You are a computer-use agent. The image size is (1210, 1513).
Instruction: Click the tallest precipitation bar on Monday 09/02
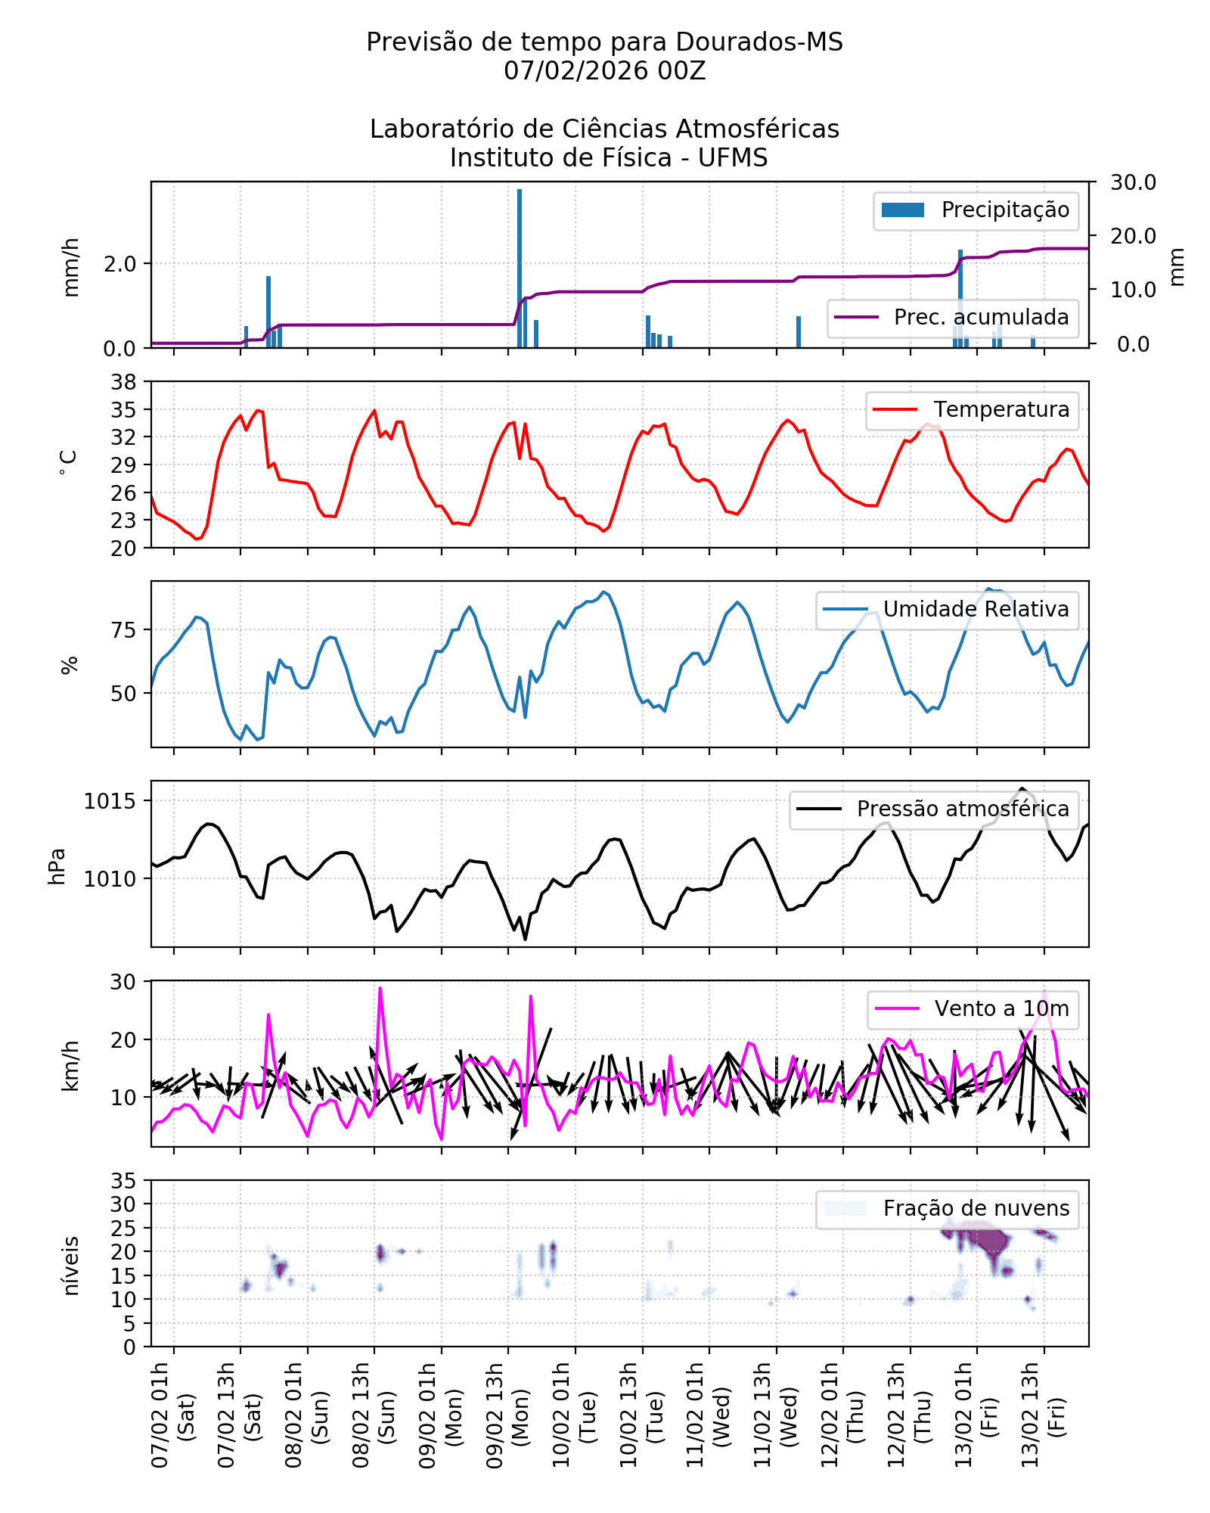click(520, 269)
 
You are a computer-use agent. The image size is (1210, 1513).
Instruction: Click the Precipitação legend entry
click(976, 210)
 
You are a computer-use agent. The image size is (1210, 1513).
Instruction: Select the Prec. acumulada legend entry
click(953, 318)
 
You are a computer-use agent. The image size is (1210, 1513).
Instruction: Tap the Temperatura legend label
click(1001, 410)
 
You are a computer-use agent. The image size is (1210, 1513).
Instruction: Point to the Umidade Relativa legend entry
click(976, 610)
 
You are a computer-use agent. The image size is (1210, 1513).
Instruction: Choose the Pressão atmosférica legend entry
click(962, 809)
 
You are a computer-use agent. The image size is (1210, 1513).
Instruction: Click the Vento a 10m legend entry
click(1001, 1009)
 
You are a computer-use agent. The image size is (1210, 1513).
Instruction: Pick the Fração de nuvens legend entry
click(976, 1209)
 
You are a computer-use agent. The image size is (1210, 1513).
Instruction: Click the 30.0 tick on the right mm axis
click(1133, 182)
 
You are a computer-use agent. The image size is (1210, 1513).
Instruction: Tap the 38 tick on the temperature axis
click(124, 382)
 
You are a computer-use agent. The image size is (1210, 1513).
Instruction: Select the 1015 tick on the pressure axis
click(110, 801)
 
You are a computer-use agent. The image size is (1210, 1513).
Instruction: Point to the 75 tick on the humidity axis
click(124, 630)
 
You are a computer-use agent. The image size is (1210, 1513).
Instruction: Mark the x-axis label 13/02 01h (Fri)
click(976, 1415)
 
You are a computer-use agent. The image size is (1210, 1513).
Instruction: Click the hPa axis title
click(57, 866)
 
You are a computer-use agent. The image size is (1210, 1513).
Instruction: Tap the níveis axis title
click(71, 1266)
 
